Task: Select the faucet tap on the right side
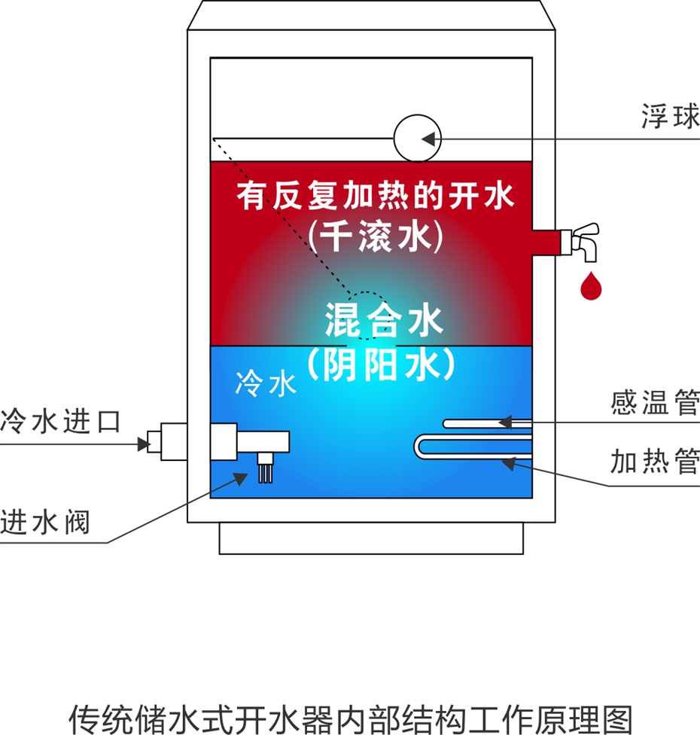pos(580,241)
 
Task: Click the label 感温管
pos(655,402)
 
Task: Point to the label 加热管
pos(655,461)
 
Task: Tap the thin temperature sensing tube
pos(487,424)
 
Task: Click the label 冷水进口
pos(60,421)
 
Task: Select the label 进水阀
pos(44,522)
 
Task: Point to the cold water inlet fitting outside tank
pos(167,441)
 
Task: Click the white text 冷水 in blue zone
pos(266,383)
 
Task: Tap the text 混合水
pos(384,320)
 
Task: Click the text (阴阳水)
pos(381,364)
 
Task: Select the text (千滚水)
pos(376,236)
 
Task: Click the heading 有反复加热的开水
pos(376,195)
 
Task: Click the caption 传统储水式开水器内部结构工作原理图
pos(351,718)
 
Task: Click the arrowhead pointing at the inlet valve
pos(241,479)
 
